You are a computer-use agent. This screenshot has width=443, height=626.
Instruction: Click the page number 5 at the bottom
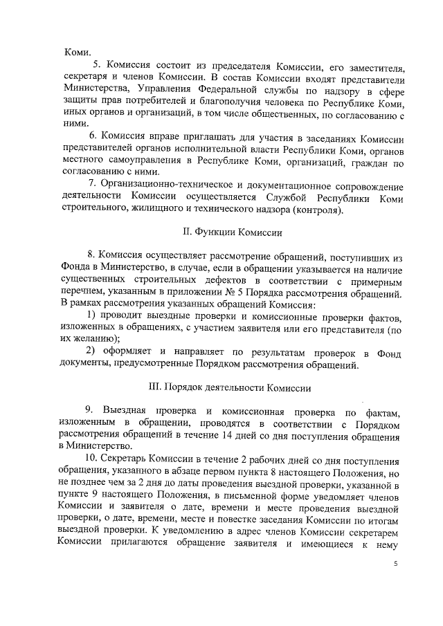395,564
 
